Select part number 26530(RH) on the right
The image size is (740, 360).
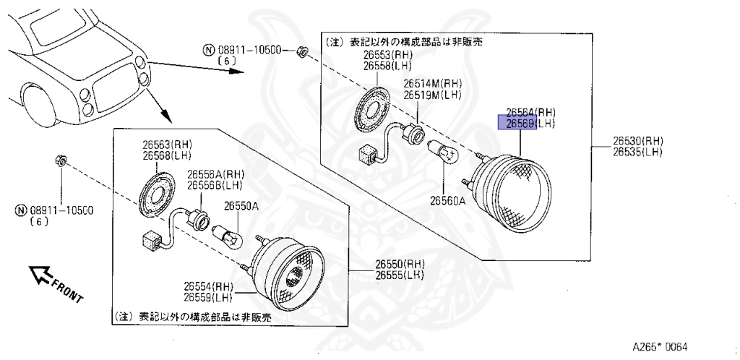pyautogui.click(x=638, y=140)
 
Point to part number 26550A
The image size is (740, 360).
pyautogui.click(x=240, y=206)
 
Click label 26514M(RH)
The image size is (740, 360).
pyautogui.click(x=431, y=83)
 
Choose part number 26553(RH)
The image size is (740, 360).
pyautogui.click(x=387, y=56)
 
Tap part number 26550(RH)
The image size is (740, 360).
pyautogui.click(x=399, y=265)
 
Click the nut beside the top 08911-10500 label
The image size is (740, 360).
pyautogui.click(x=303, y=51)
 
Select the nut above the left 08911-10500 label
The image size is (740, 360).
pyautogui.click(x=61, y=159)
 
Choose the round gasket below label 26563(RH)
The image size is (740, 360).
pyautogui.click(x=158, y=193)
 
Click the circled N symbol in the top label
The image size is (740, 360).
pyautogui.click(x=208, y=50)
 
